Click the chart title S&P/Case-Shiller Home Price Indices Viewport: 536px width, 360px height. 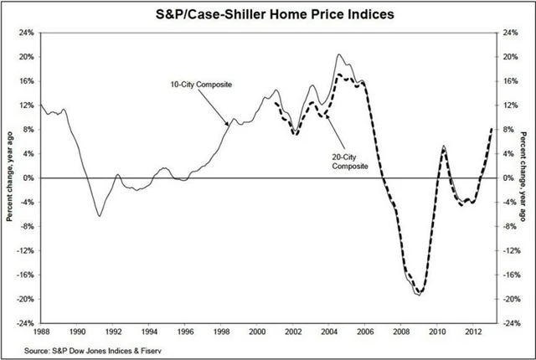click(x=268, y=14)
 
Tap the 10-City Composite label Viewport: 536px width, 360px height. click(x=200, y=85)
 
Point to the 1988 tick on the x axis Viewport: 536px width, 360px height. click(x=40, y=331)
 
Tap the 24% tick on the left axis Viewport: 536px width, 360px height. click(x=25, y=33)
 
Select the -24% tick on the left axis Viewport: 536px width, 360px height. click(x=23, y=323)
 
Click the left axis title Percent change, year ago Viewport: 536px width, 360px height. click(x=9, y=177)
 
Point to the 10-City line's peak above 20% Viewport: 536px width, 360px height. click(x=338, y=55)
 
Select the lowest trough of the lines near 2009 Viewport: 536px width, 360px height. click(x=418, y=294)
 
